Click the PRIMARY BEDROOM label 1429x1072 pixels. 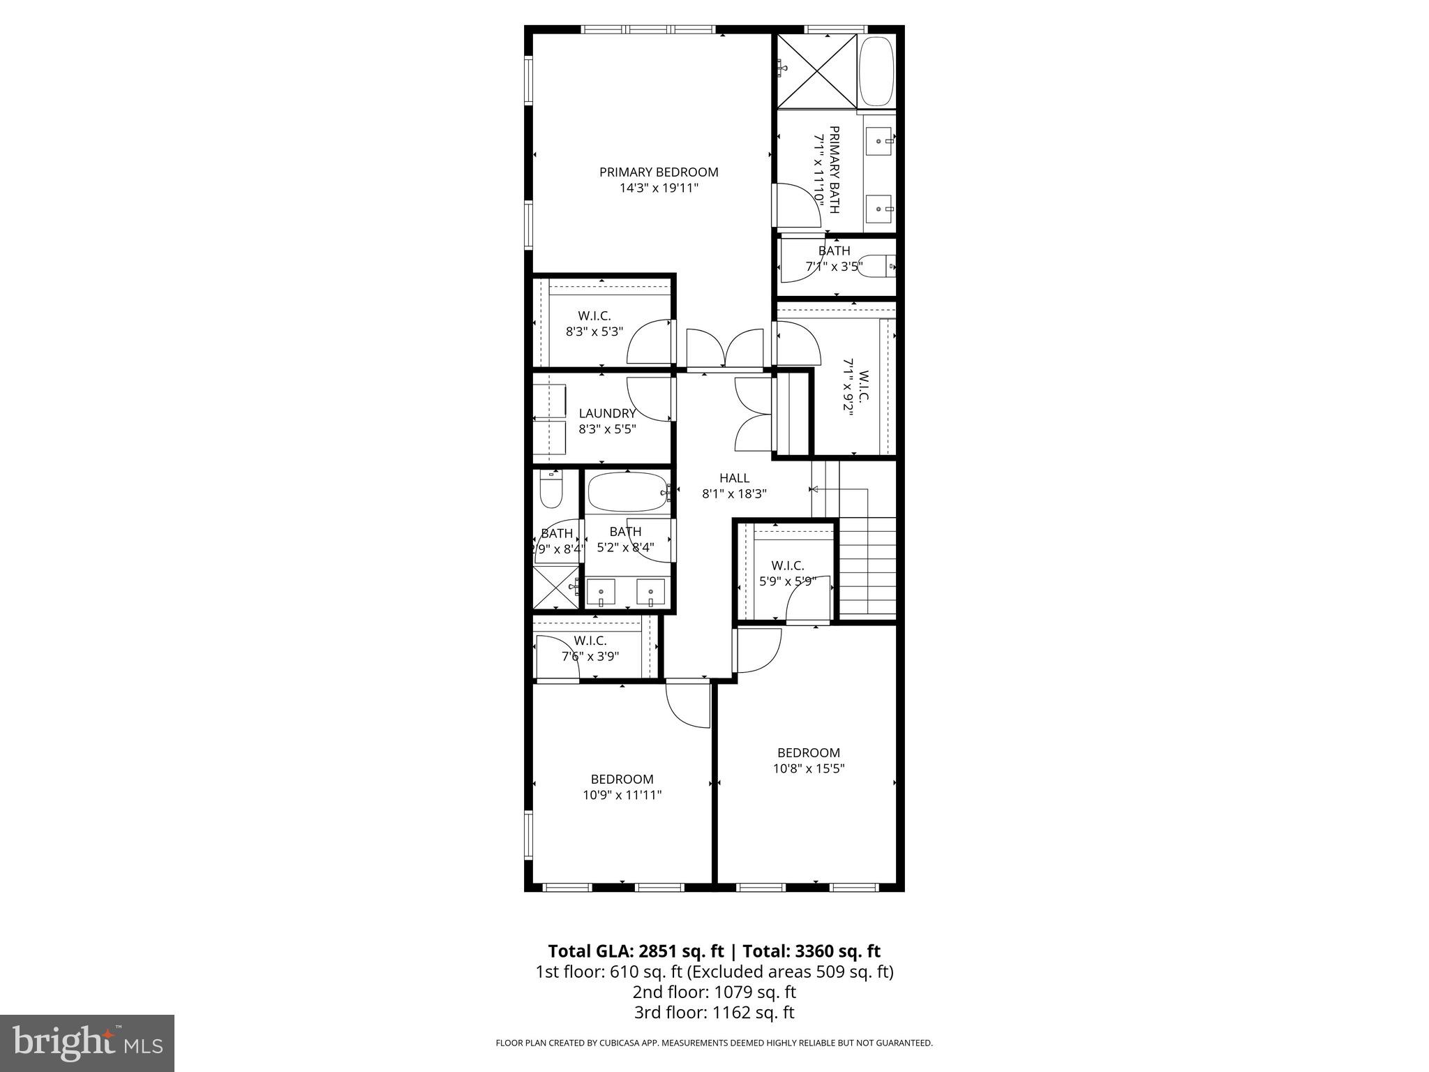point(659,172)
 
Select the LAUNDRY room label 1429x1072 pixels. point(607,413)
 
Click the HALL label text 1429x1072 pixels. point(734,478)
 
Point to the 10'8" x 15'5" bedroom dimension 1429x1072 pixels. point(809,768)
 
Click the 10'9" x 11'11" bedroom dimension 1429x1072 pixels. point(622,795)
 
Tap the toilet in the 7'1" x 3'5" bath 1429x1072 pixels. point(876,266)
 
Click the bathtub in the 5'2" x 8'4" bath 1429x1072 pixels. point(628,493)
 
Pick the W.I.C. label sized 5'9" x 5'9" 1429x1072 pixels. point(788,565)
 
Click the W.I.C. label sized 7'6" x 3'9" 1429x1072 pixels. point(590,641)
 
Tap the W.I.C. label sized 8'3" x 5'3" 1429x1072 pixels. point(594,316)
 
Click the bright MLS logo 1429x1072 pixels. point(87,1043)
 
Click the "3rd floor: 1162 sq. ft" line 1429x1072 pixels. point(714,1013)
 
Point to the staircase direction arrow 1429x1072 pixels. point(815,489)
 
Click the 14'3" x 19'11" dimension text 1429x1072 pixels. point(659,188)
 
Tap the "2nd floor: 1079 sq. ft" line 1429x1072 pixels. point(714,992)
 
